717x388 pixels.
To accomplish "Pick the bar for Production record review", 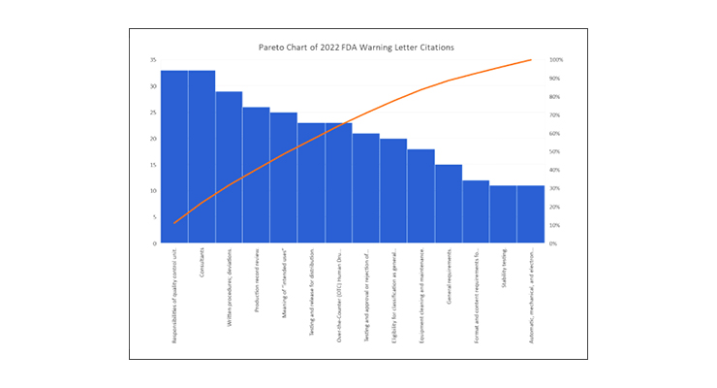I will point(256,176).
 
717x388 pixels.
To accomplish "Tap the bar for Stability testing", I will point(503,214).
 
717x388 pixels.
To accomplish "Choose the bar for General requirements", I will point(448,204).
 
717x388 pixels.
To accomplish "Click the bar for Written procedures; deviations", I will point(229,168).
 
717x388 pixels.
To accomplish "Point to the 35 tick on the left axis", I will point(153,60).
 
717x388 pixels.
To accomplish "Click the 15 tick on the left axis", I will point(153,165).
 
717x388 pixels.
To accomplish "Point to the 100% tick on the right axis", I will point(556,60).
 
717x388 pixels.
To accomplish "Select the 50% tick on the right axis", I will point(555,152).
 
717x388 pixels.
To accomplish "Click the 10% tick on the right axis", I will point(555,225).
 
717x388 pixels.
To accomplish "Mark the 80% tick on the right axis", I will point(555,97).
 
